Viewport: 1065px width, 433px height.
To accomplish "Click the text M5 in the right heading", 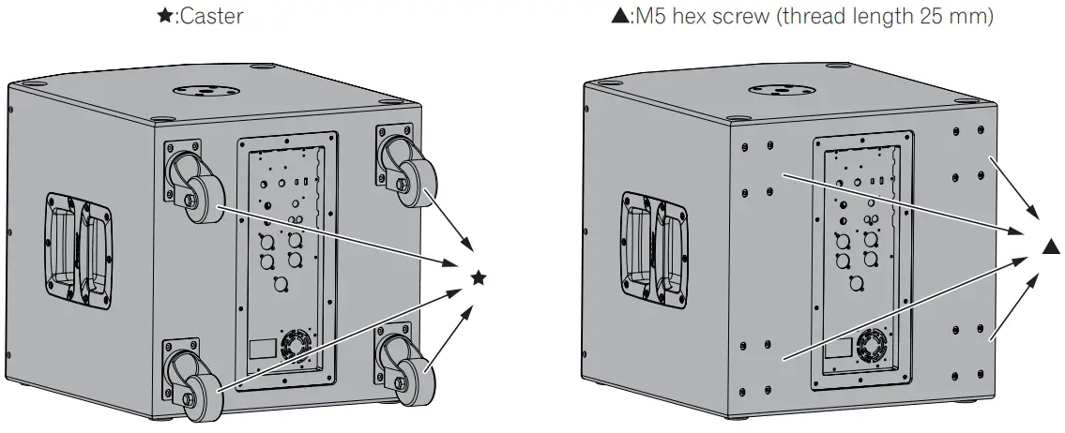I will [x=650, y=16].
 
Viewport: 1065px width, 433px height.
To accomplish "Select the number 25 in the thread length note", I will [x=924, y=16].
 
